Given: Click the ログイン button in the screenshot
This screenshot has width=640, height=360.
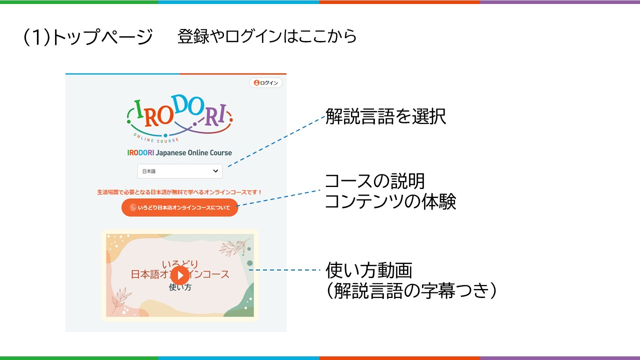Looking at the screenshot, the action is tap(265, 83).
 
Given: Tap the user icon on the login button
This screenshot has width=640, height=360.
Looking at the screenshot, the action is tap(256, 82).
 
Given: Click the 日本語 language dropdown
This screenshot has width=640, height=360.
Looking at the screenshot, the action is tap(179, 171).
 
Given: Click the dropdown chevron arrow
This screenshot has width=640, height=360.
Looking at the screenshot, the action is tap(215, 171).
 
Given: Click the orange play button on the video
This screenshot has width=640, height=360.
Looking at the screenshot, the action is tap(179, 275).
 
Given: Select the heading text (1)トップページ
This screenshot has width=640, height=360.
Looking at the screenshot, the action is tap(87, 37).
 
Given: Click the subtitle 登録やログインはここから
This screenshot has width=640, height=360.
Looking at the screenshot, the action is tap(267, 36).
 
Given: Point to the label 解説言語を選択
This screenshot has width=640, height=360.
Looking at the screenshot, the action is tap(385, 116).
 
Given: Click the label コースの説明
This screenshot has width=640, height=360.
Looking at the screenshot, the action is tap(375, 181).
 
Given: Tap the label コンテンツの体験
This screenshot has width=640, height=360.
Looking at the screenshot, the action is tap(390, 201).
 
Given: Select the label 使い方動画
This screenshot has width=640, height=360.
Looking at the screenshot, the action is tap(369, 270).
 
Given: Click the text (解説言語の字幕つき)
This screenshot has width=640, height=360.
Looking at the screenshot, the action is tap(411, 290).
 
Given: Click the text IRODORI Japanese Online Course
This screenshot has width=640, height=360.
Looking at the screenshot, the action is tap(179, 153).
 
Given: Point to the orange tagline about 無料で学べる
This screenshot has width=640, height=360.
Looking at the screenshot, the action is tap(179, 192).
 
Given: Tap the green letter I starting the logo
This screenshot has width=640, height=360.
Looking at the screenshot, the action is tap(139, 109).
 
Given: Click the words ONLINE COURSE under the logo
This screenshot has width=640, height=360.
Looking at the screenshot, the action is tap(156, 139).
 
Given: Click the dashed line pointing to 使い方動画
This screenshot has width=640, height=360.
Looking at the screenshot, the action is tap(284, 270).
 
